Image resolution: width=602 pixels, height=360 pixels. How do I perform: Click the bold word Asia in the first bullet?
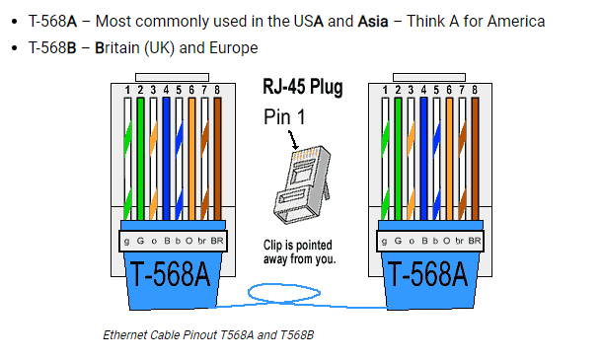coord(373,21)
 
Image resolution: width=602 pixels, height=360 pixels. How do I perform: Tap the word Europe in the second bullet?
coord(234,48)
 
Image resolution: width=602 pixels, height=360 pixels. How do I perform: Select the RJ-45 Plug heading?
coord(303,88)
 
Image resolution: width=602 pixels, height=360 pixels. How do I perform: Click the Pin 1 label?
coord(284,116)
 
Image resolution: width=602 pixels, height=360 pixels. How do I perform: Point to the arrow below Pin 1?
coord(293,140)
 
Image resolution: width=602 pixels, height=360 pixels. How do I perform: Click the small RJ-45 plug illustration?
coord(302,184)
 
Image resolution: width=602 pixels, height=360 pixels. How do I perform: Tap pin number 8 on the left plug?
coord(217,90)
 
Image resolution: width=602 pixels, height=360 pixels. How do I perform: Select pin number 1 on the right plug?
coord(385,90)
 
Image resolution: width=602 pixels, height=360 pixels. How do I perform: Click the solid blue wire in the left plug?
coord(166,159)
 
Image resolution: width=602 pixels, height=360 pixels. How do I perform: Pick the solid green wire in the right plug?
coord(398,159)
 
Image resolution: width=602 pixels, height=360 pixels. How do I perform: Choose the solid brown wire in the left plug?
coord(217,159)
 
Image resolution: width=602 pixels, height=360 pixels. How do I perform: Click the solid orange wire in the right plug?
coord(449,159)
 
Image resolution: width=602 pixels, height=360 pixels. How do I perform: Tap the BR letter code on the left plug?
coord(217,241)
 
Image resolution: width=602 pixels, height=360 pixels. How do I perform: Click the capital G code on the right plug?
coord(398,241)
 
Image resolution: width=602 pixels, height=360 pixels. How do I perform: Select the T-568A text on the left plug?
coord(171,274)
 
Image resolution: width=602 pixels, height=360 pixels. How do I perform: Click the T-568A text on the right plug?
coord(428,274)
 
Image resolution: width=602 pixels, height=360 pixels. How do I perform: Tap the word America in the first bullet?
coord(516,21)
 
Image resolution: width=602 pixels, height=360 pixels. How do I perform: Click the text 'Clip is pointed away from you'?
coord(299,252)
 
